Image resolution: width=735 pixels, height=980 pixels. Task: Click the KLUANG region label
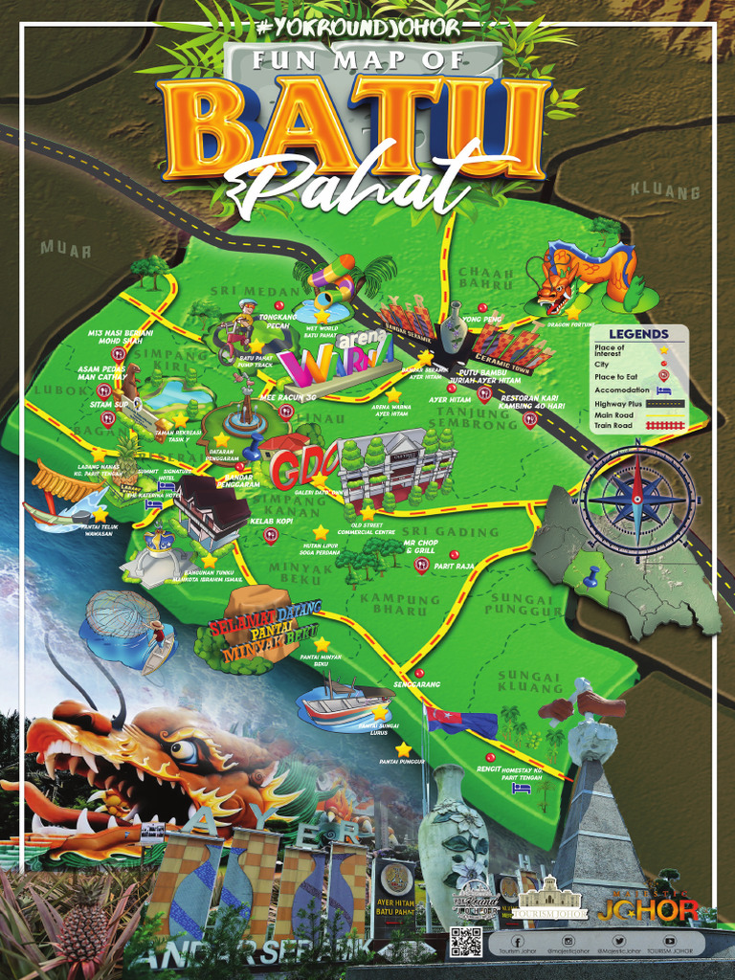click(664, 191)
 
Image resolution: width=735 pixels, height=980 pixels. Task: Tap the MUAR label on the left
click(65, 249)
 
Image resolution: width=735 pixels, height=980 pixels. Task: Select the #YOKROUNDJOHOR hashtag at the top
click(358, 28)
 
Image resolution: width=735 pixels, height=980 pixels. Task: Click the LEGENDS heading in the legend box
click(646, 334)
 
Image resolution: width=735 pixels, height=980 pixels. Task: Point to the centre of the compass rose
click(637, 499)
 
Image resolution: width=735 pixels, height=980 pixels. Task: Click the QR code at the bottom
click(465, 942)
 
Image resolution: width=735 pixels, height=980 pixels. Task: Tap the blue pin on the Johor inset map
click(590, 577)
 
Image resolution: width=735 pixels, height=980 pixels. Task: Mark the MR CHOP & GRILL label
click(420, 547)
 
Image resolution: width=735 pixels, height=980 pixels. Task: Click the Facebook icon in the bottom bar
click(517, 942)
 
